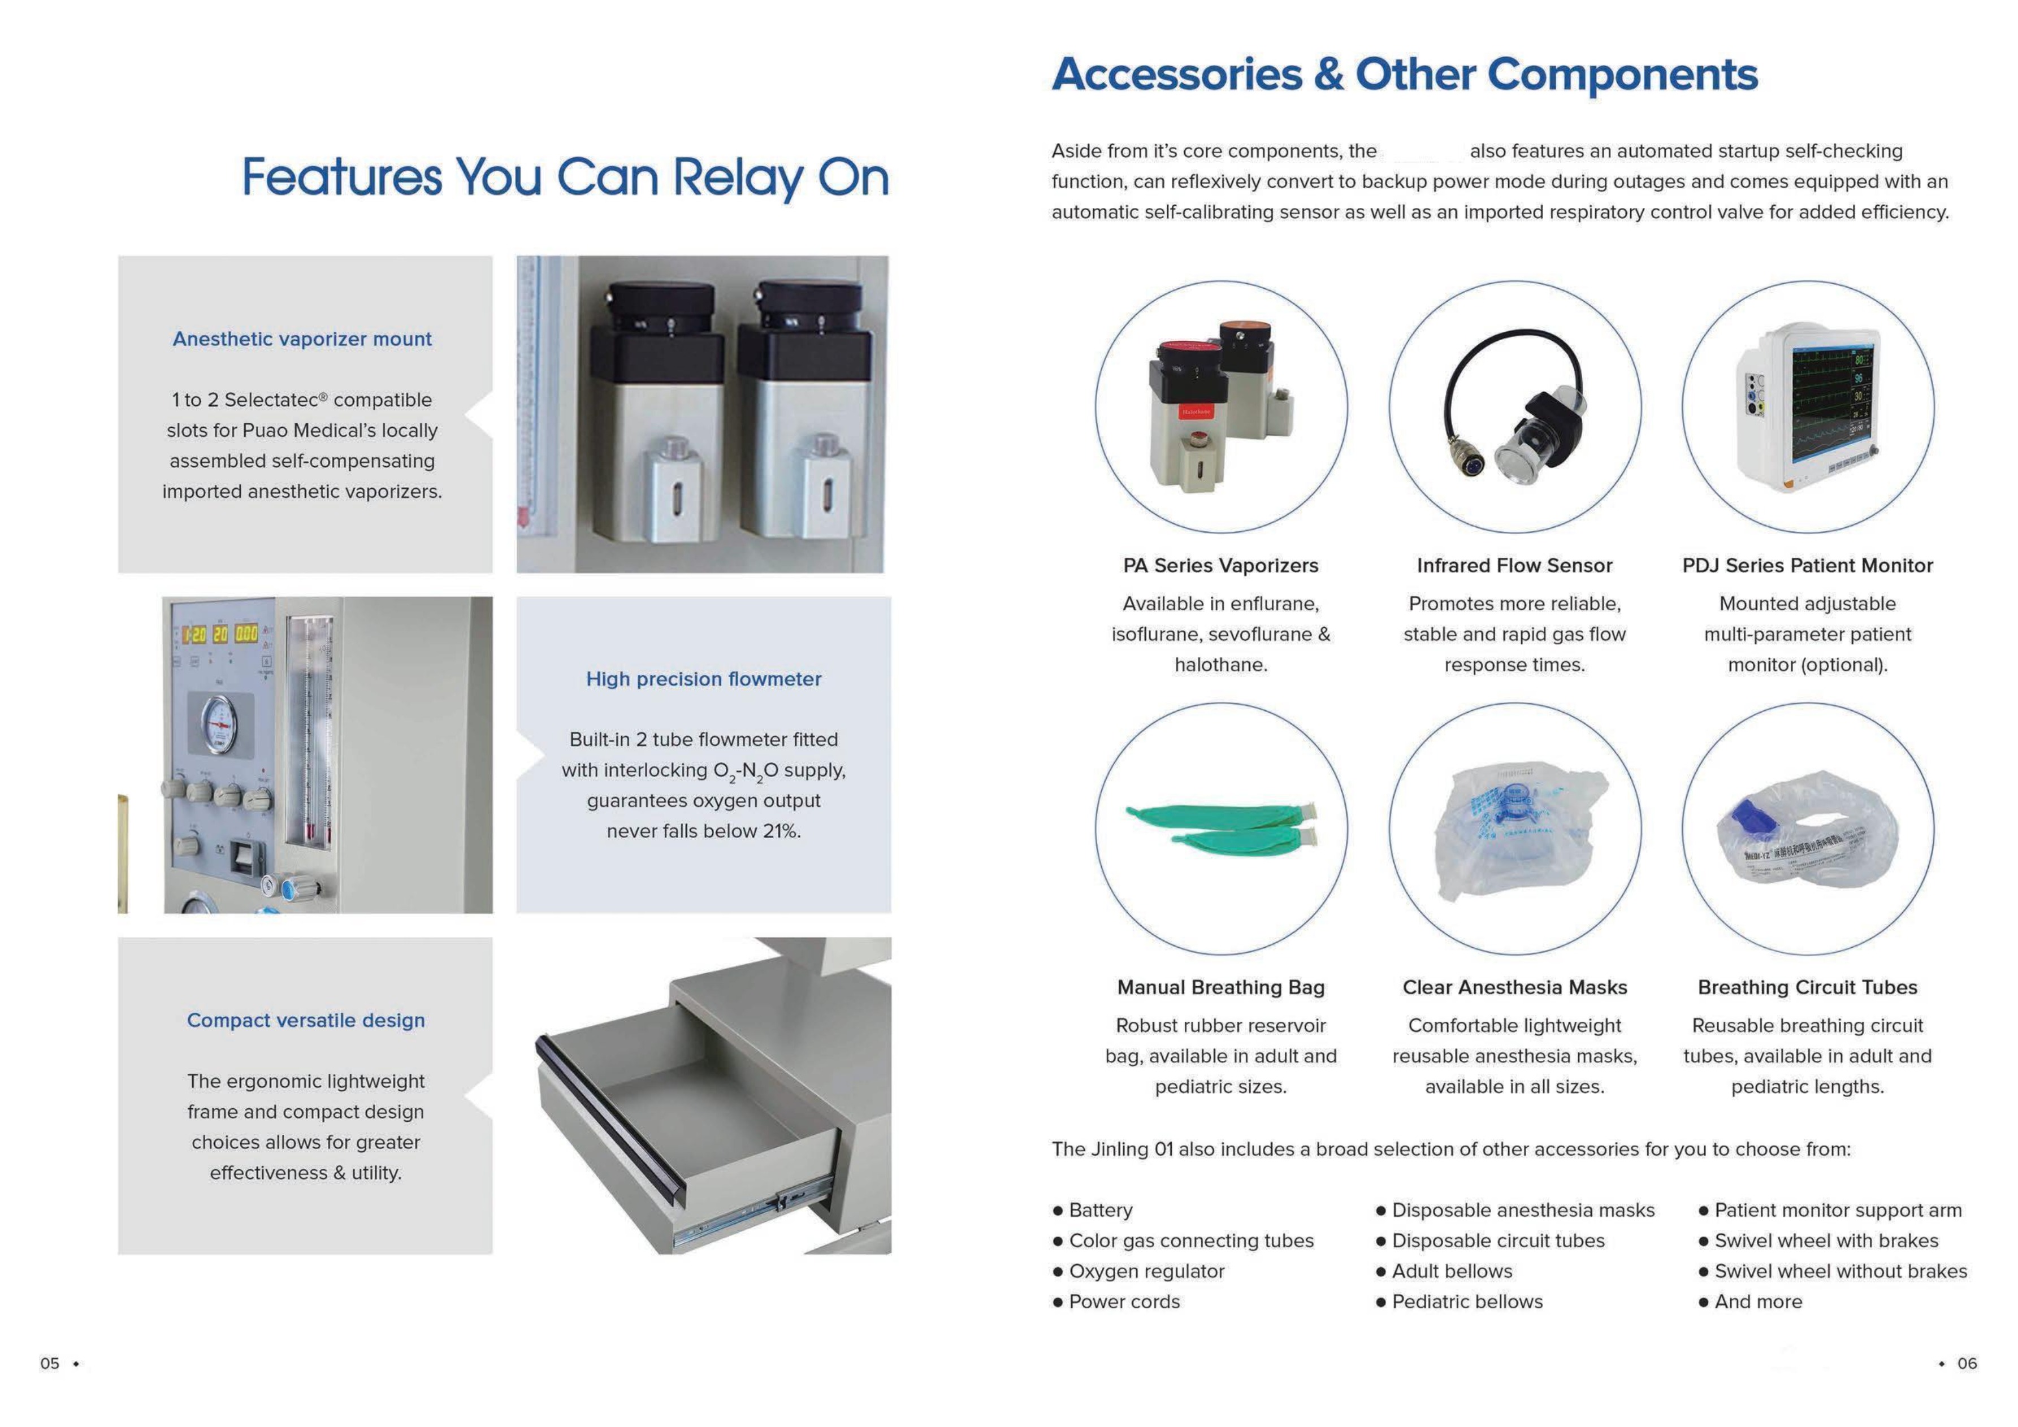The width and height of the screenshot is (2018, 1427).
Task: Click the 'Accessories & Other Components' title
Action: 1405,74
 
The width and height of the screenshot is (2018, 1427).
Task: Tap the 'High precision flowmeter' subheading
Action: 703,679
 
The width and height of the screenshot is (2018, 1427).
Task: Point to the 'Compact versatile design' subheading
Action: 305,1020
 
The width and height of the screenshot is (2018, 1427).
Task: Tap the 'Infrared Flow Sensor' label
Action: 1514,566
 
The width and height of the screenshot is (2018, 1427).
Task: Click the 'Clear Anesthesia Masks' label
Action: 1514,988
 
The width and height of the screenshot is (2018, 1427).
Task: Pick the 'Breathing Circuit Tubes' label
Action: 1807,988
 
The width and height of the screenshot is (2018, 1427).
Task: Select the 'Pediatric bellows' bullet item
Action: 1466,1302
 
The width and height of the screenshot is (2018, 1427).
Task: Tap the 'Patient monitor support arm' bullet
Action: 1837,1211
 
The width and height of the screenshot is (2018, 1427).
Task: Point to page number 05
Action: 50,1364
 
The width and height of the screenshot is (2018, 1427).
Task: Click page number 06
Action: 1967,1364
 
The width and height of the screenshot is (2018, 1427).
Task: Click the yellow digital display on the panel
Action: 220,634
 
